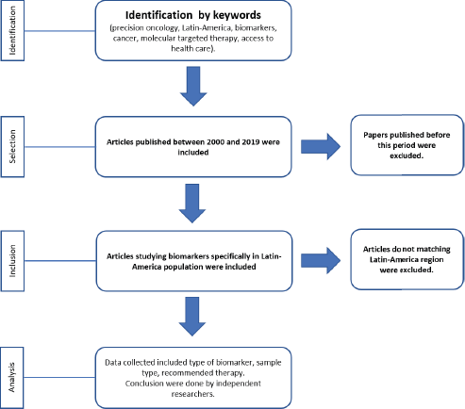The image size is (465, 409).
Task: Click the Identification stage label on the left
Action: pyautogui.click(x=12, y=30)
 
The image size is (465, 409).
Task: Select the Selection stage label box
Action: pyautogui.click(x=12, y=146)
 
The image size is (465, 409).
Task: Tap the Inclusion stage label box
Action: pyautogui.click(x=12, y=261)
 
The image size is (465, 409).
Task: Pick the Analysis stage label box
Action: pyautogui.click(x=12, y=377)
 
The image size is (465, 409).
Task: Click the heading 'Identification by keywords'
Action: pyautogui.click(x=193, y=15)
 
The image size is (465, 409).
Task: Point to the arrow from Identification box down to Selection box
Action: pyautogui.click(x=193, y=86)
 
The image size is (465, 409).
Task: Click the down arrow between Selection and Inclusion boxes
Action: pyautogui.click(x=192, y=204)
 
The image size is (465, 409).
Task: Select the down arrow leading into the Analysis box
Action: pyautogui.click(x=192, y=317)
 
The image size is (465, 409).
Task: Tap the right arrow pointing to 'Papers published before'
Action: pyautogui.click(x=321, y=146)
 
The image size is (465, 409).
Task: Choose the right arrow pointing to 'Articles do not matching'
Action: pyautogui.click(x=321, y=260)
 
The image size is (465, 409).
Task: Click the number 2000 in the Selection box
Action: pyautogui.click(x=215, y=142)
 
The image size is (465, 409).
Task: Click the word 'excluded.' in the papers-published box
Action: pyautogui.click(x=407, y=155)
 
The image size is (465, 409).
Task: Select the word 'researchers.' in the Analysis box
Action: pyautogui.click(x=193, y=394)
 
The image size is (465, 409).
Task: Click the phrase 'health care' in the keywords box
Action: pyautogui.click(x=191, y=49)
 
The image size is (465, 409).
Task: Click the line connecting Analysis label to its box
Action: pyautogui.click(x=59, y=377)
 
